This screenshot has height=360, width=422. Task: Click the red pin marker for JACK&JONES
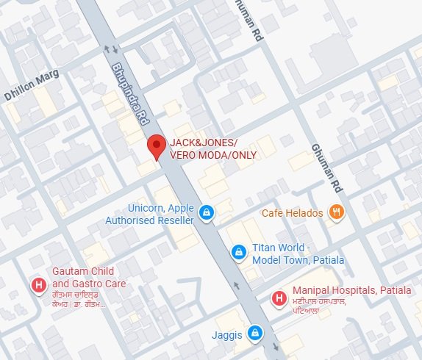pyautogui.click(x=155, y=145)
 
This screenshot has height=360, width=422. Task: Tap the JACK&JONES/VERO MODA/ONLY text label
pyautogui.click(x=204, y=148)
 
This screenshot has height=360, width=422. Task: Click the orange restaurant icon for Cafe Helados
pyautogui.click(x=337, y=213)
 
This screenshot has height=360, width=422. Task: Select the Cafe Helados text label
pyautogui.click(x=292, y=213)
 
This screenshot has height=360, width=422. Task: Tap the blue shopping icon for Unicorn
pyautogui.click(x=207, y=213)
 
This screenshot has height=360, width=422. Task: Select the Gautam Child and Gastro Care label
pyautogui.click(x=89, y=278)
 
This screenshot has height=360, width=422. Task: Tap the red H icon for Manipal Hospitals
pyautogui.click(x=279, y=298)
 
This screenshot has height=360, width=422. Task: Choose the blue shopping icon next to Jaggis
pyautogui.click(x=254, y=332)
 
